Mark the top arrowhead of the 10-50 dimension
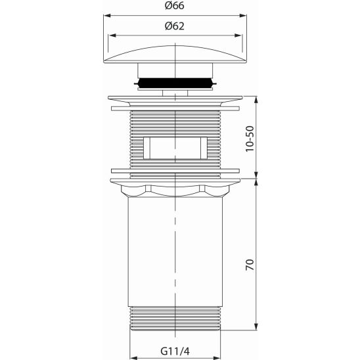(x=255, y=100)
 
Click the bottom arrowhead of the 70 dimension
(x=255, y=329)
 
